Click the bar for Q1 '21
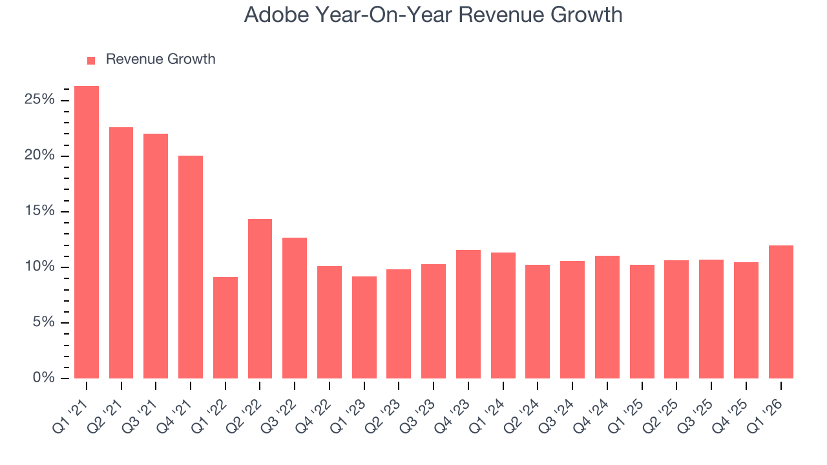pos(87,232)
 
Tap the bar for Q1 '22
pos(225,327)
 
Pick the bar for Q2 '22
pos(260,298)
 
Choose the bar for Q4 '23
pos(468,314)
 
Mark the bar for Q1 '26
pos(780,312)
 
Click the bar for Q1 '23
pos(364,327)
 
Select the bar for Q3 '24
pos(572,320)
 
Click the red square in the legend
pos(91,60)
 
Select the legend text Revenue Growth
pos(160,59)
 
